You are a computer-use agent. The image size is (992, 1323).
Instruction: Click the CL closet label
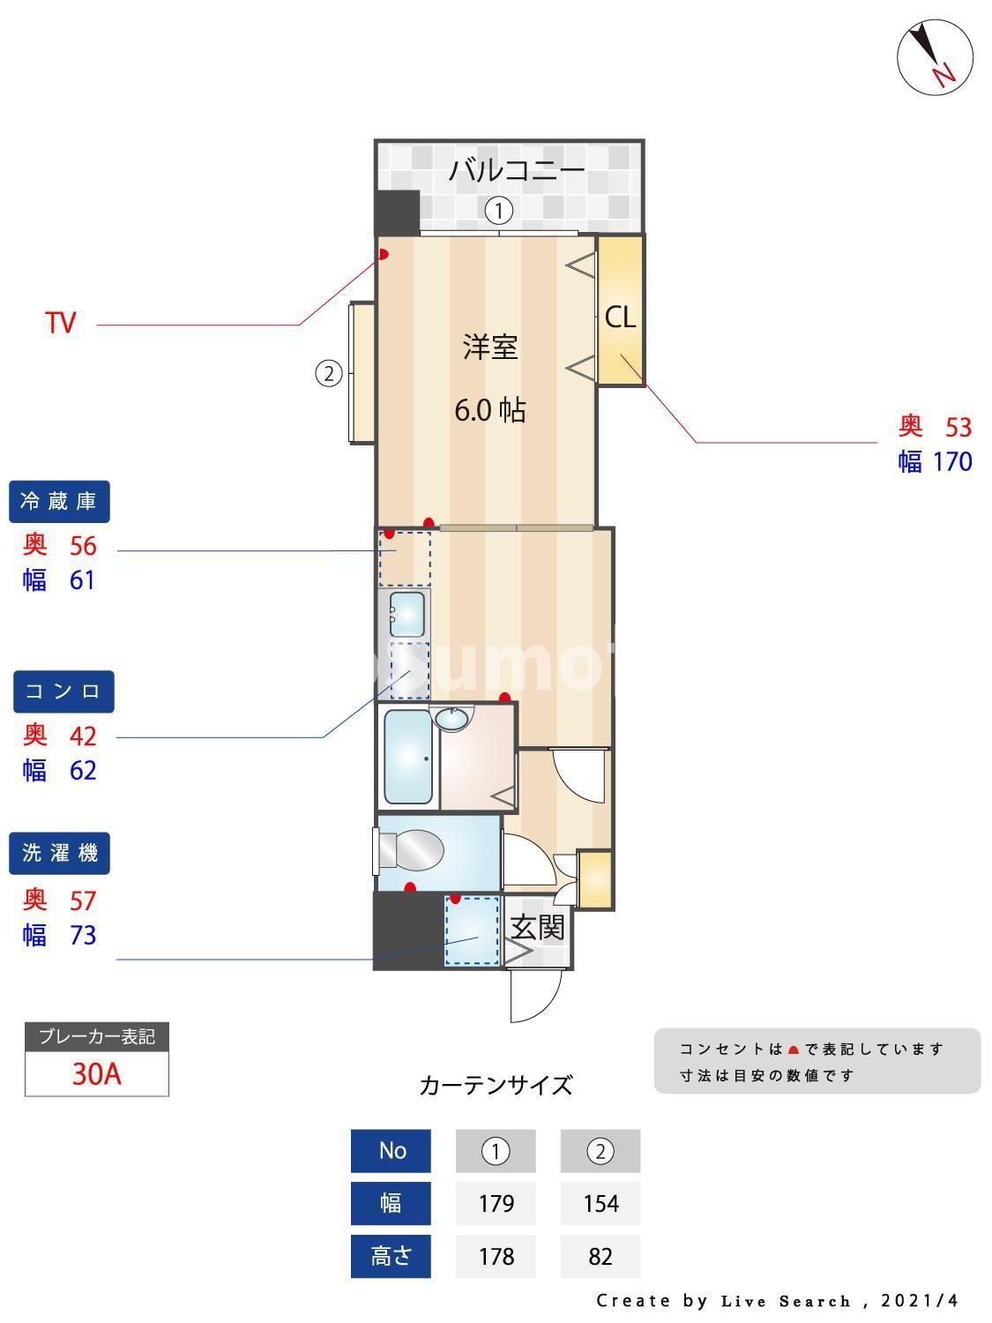point(620,318)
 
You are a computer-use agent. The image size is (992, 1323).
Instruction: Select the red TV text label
point(61,323)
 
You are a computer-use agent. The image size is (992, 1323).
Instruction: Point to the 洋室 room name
point(490,347)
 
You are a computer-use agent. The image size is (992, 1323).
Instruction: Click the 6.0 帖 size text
point(489,410)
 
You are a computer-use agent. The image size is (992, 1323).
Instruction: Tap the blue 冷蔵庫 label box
point(59,502)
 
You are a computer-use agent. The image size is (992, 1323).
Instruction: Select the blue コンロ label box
point(63,691)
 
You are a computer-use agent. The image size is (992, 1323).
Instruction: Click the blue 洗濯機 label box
point(60,854)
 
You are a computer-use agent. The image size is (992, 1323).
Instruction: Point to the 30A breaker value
point(96,1074)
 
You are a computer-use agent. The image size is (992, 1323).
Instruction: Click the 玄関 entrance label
point(537,927)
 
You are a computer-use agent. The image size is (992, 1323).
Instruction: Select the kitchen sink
point(406,614)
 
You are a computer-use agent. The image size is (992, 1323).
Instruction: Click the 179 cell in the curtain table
point(496,1203)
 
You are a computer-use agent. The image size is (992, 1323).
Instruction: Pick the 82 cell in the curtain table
point(600,1256)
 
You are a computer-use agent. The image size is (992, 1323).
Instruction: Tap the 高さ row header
point(391,1256)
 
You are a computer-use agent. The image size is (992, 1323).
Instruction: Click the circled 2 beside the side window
point(328,374)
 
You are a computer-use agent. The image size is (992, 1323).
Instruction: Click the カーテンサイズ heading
point(496,1085)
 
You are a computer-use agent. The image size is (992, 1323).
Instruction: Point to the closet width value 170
point(952,461)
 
